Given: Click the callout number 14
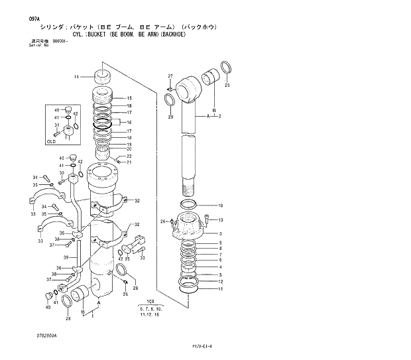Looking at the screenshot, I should [x=76, y=78].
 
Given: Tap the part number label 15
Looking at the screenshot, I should [x=129, y=98].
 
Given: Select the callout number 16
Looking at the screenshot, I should [x=129, y=123].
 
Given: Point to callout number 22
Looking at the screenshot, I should [x=129, y=156].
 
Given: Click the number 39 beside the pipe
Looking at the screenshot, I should [x=66, y=257].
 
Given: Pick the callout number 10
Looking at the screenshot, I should [x=220, y=206].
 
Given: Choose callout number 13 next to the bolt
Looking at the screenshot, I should [x=220, y=220].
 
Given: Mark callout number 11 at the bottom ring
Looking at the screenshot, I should [x=220, y=289].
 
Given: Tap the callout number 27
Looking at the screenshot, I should [x=170, y=76].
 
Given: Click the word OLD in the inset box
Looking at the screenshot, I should [x=51, y=141].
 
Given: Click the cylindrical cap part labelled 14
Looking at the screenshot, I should [x=103, y=78].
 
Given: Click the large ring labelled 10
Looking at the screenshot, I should [x=194, y=206].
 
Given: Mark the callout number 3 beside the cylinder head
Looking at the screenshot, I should [x=220, y=233].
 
